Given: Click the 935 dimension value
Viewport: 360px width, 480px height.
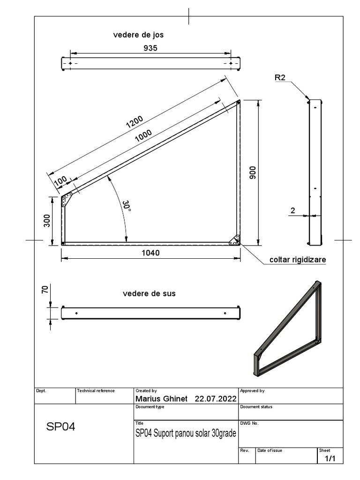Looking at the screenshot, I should pyautogui.click(x=150, y=48).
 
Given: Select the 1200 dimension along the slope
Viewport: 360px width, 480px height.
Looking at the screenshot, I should pyautogui.click(x=134, y=122).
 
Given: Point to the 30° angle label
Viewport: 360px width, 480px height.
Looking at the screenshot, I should pyautogui.click(x=127, y=207).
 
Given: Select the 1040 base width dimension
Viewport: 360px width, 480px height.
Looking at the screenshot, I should pyautogui.click(x=150, y=253).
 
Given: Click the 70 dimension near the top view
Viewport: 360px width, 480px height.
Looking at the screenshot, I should pyautogui.click(x=45, y=290).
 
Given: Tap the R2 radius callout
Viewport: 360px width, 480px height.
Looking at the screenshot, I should pyautogui.click(x=280, y=78).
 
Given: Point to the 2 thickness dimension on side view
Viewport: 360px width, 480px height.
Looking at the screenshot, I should pyautogui.click(x=292, y=211).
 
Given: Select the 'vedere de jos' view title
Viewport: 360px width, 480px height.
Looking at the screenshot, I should pyautogui.click(x=138, y=35).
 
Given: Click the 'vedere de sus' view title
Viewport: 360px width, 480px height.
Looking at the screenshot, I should pyautogui.click(x=149, y=293).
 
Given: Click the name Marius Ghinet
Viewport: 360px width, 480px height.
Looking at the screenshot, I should pyautogui.click(x=161, y=398).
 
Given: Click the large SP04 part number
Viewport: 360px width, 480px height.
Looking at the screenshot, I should pyautogui.click(x=60, y=427).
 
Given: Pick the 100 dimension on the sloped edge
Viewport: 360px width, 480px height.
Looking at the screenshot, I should pyautogui.click(x=60, y=181).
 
